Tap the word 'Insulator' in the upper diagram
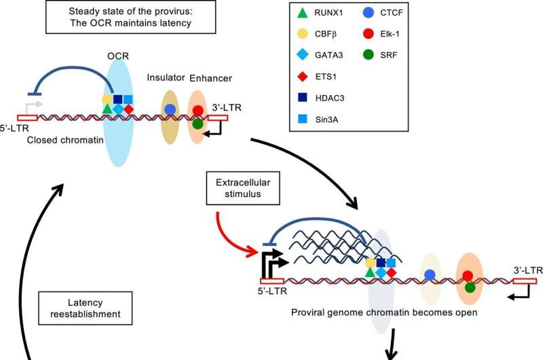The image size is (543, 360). click(166, 78)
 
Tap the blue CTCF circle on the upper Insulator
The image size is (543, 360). click(170, 109)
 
